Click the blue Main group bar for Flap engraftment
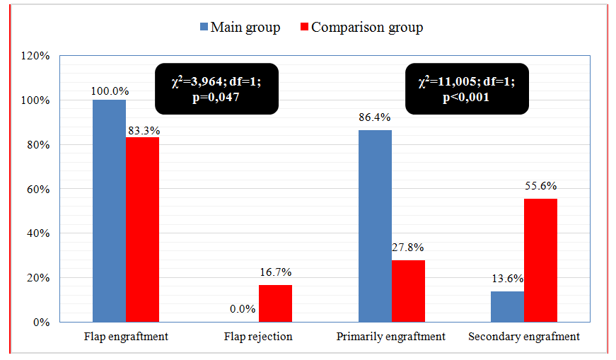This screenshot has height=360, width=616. (109, 211)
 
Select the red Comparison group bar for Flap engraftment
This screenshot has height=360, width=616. (142, 229)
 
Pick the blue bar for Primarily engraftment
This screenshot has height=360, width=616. (375, 226)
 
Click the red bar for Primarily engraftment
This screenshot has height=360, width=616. (408, 291)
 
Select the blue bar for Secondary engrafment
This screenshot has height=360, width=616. (508, 306)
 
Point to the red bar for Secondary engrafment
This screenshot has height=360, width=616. (541, 260)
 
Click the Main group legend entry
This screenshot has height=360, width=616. (240, 28)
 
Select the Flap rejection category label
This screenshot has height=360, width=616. (259, 337)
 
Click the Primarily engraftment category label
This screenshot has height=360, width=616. (391, 337)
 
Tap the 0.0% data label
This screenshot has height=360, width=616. (241, 308)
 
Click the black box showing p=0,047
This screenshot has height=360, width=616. (216, 88)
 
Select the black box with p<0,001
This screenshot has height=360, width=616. (466, 88)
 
